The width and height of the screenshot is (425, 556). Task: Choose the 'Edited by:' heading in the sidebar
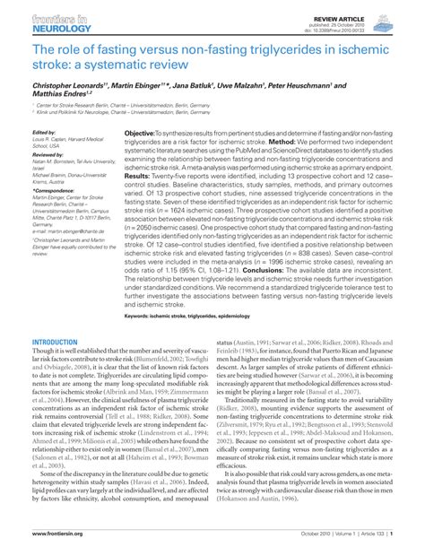point(42,131)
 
